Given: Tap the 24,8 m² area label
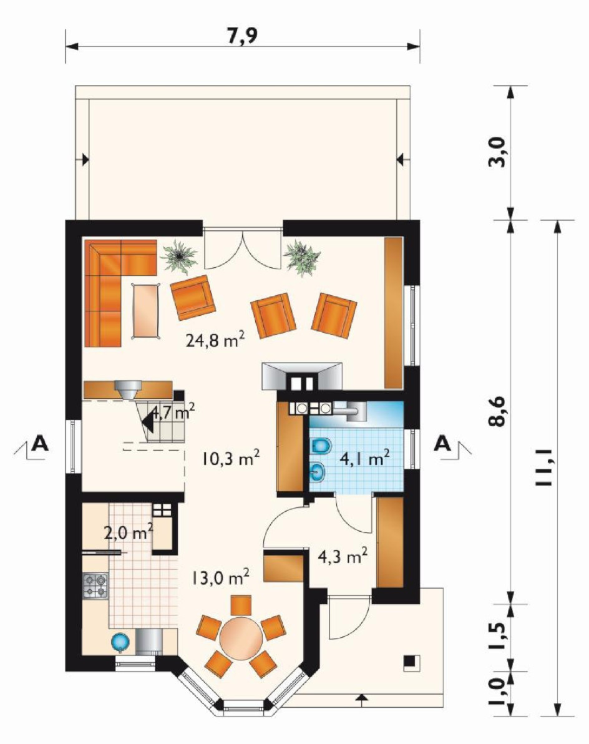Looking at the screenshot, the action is pos(215,340).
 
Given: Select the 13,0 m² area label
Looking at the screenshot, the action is pos(220,577).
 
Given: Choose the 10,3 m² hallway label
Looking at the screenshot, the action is pos(230,458).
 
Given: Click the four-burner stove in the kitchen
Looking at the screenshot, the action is pos(95,585).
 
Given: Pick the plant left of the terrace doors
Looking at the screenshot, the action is pos(179,257).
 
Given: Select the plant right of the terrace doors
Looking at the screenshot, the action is pos(302,258).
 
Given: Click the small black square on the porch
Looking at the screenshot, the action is pos(410,661).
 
